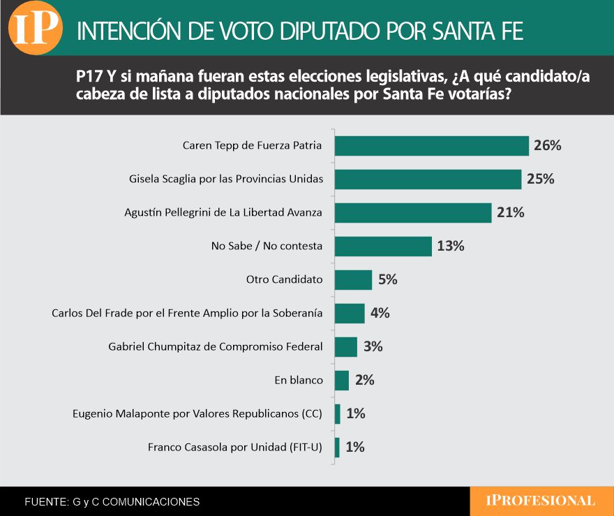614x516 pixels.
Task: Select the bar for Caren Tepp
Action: point(431,146)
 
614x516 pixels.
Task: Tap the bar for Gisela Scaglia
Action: point(428,179)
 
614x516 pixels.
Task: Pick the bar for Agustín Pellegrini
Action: point(413,213)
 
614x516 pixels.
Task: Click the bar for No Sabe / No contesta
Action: point(383,246)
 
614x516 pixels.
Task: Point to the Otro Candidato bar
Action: point(353,280)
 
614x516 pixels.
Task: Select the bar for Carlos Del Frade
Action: point(350,314)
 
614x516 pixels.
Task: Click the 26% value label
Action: point(548,146)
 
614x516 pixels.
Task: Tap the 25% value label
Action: point(540,179)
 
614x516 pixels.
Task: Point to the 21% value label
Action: point(510,213)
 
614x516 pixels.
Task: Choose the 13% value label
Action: point(450,246)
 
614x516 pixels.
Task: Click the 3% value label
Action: point(373,347)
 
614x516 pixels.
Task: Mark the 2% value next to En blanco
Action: point(365,381)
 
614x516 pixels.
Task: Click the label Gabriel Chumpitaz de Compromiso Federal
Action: point(216,347)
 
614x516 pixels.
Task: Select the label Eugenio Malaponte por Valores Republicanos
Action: point(197,414)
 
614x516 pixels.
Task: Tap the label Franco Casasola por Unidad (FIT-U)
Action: point(235,448)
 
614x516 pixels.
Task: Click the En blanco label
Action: point(299,381)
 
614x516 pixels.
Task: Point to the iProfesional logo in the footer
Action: point(541,501)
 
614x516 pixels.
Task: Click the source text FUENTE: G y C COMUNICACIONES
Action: point(112,501)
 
